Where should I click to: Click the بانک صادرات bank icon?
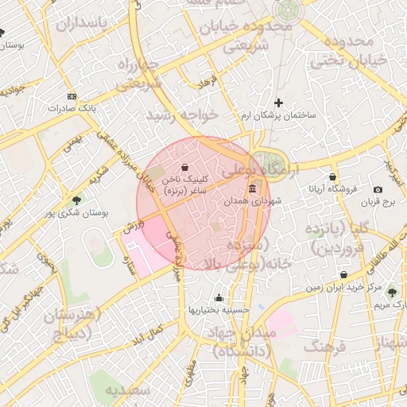(72, 95)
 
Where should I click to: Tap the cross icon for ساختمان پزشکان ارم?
(278, 103)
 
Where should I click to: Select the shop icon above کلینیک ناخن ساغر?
(184, 168)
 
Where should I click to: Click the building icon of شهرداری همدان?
(253, 188)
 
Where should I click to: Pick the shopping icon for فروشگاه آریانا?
(332, 176)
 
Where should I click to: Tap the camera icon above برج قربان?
(378, 189)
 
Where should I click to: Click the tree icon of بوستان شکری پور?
(76, 200)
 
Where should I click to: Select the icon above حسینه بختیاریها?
(219, 298)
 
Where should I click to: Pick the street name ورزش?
(134, 227)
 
